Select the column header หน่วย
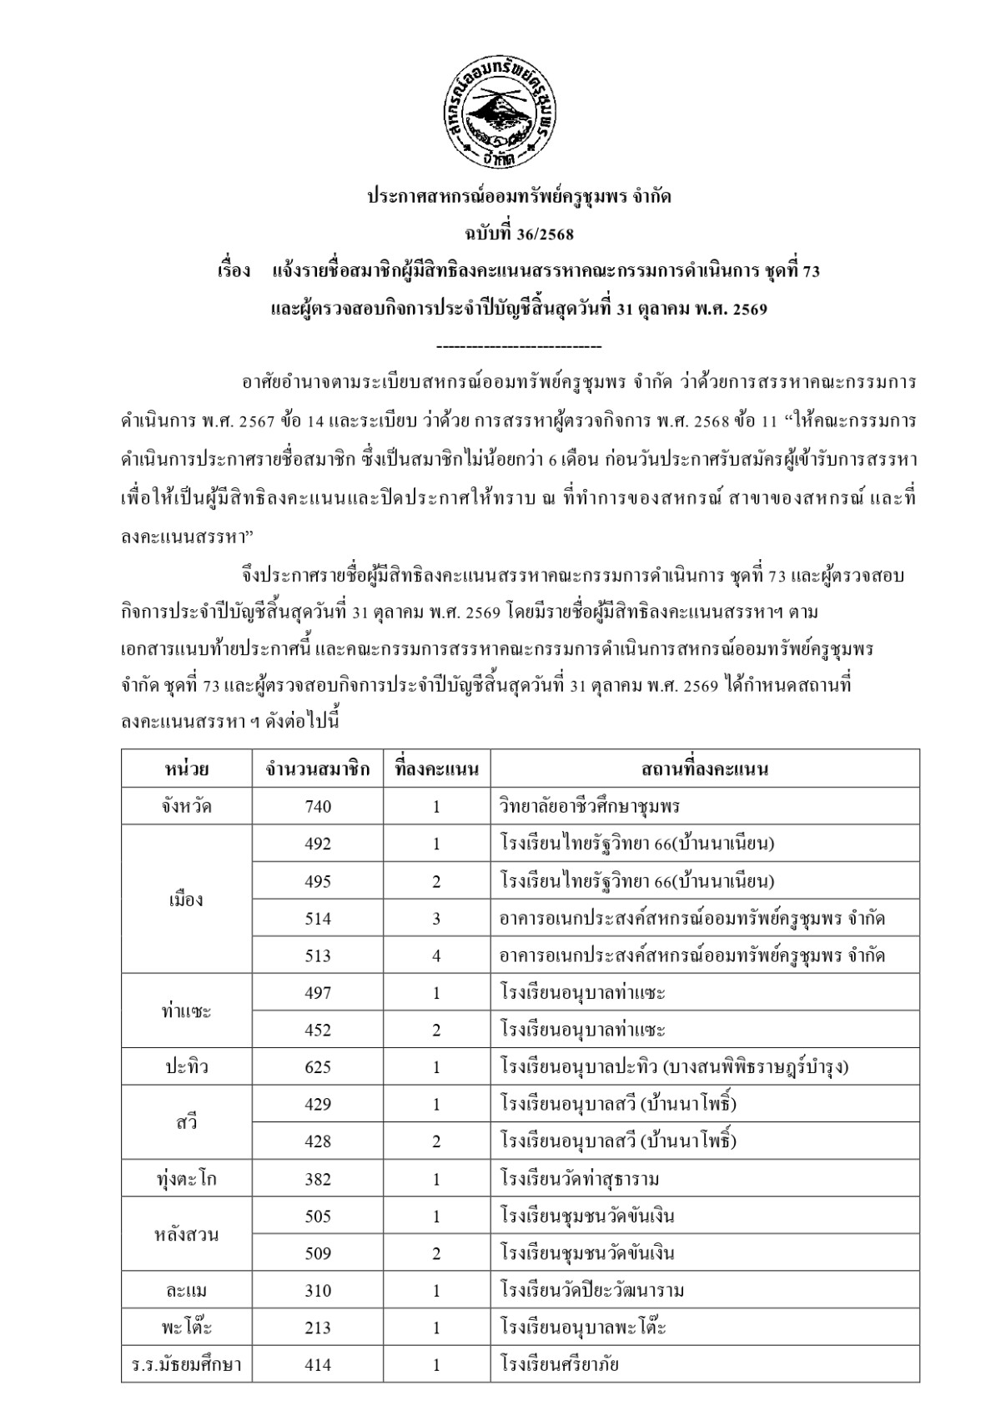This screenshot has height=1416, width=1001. [x=187, y=768]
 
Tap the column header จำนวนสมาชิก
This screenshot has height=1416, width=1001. [x=318, y=768]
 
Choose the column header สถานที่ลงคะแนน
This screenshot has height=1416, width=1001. [x=705, y=768]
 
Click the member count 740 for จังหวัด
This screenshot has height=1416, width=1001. [x=318, y=806]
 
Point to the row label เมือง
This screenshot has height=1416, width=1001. [x=187, y=899]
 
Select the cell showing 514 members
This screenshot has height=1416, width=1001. [x=318, y=919]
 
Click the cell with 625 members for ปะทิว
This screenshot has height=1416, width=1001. [x=318, y=1067]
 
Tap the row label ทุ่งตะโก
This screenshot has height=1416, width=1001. [x=187, y=1179]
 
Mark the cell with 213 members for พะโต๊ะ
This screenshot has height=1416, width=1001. [x=318, y=1328]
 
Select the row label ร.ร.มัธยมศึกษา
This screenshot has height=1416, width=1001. [x=187, y=1365]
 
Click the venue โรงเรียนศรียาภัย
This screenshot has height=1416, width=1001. [x=560, y=1365]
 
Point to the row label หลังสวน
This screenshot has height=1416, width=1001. [x=187, y=1235]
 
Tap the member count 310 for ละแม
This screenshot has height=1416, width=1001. [x=318, y=1291]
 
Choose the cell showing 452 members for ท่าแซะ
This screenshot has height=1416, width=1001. [x=318, y=1030]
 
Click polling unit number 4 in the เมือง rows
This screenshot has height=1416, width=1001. [x=436, y=955]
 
